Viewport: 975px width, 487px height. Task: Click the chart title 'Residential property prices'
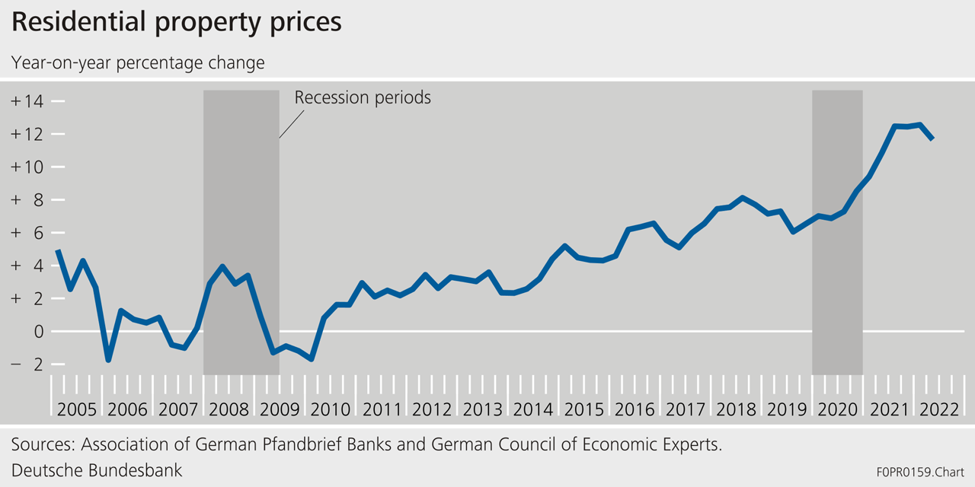176,23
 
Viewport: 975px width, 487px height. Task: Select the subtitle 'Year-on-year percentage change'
138,62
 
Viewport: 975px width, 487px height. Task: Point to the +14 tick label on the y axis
27,101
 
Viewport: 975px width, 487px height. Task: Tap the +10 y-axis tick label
27,167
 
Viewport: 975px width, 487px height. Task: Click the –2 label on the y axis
27,364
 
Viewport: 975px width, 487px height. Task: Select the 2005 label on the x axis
76,409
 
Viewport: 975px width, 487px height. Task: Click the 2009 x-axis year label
280,409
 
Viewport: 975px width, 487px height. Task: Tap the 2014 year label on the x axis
533,409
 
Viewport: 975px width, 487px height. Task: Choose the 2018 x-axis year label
736,409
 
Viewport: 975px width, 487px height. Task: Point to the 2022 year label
938,409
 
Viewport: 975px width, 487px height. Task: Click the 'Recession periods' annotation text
363,98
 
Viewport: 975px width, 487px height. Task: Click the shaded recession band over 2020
837,228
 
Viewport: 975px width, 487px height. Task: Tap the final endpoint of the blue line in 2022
932,138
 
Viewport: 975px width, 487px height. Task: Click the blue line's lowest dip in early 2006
108,359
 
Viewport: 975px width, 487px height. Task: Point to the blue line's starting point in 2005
58,251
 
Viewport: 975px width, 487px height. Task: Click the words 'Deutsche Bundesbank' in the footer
97,470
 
